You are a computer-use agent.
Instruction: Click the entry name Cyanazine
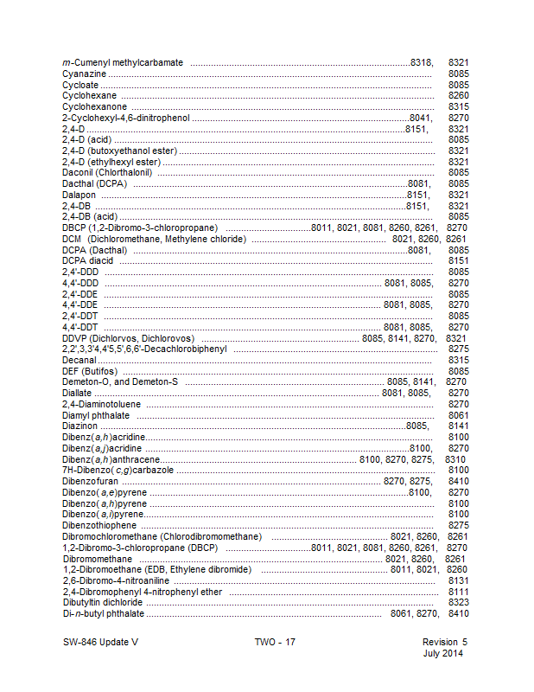[x=84, y=74]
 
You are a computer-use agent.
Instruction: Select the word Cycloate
[x=80, y=85]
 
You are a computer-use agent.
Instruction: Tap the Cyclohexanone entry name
[x=94, y=106]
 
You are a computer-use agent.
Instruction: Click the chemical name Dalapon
[x=79, y=195]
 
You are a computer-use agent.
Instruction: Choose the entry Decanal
[x=79, y=359]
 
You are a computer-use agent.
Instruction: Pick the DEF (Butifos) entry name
[x=90, y=370]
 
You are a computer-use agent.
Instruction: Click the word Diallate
[x=77, y=392]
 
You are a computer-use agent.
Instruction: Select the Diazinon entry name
[x=80, y=425]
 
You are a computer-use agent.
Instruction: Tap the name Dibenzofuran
[x=90, y=479]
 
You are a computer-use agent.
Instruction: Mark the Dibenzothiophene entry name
[x=99, y=524]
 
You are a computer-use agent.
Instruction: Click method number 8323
[x=459, y=601]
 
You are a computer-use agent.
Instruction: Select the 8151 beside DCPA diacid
[x=459, y=260]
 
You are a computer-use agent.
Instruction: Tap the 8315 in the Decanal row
[x=459, y=359]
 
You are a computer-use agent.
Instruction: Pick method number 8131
[x=459, y=580]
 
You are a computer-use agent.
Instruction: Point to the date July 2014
[x=442, y=654]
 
